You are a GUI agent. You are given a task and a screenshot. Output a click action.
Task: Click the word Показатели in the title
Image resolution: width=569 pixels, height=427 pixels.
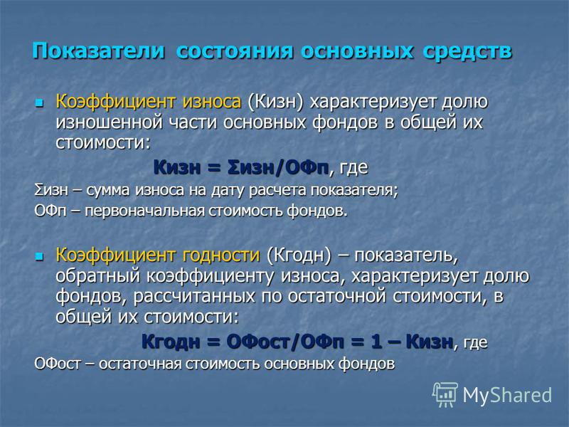(98, 51)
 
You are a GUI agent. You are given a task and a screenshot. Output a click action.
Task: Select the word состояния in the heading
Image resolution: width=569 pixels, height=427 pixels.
(235, 51)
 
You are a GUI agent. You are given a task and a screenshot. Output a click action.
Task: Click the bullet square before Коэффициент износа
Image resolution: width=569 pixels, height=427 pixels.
(38, 102)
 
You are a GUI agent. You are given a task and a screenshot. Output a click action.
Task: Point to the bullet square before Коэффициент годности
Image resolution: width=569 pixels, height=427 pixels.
(38, 257)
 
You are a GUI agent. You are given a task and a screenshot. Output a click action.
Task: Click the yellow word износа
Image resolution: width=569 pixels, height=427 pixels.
(211, 102)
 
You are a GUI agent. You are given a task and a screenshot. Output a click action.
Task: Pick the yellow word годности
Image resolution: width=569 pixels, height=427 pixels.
(221, 255)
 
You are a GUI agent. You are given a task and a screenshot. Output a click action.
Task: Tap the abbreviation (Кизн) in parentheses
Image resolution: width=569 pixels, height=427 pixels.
(275, 102)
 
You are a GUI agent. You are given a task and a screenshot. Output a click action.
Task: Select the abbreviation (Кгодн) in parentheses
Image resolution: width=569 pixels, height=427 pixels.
(299, 255)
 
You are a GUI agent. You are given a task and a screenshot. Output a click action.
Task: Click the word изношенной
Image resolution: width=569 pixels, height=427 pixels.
(110, 122)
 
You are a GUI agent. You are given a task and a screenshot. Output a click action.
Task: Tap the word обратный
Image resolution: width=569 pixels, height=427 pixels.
(98, 276)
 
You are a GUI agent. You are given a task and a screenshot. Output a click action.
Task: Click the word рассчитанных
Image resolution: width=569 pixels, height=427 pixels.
(194, 297)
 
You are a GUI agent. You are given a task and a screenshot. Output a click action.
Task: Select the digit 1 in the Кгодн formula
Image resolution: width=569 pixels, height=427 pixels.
(376, 342)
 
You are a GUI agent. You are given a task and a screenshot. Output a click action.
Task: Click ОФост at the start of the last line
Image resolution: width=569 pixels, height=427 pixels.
(58, 364)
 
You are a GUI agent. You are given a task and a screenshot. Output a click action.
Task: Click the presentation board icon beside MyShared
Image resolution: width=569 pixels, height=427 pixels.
(445, 394)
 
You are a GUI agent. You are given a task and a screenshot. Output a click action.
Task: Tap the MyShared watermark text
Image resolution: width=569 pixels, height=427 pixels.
(507, 395)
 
